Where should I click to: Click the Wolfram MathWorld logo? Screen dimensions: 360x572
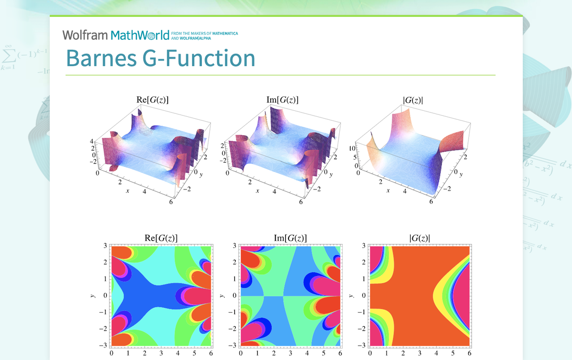pos(115,35)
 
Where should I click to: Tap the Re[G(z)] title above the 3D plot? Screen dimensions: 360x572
pos(152,100)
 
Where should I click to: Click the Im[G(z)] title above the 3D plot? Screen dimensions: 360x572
pos(282,100)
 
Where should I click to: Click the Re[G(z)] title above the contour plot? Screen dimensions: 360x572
pos(161,238)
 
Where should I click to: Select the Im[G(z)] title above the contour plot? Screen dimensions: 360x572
pos(290,238)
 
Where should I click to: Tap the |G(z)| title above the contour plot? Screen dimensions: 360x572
pos(419,238)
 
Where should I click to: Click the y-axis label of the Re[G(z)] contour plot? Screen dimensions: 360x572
pos(93,296)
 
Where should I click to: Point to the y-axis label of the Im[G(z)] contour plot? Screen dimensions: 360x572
pos(222,296)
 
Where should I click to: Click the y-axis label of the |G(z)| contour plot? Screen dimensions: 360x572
pos(351,296)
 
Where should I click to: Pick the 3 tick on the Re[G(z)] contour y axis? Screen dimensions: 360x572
pos(105,246)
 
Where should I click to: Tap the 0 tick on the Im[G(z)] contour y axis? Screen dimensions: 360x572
pos(235,295)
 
